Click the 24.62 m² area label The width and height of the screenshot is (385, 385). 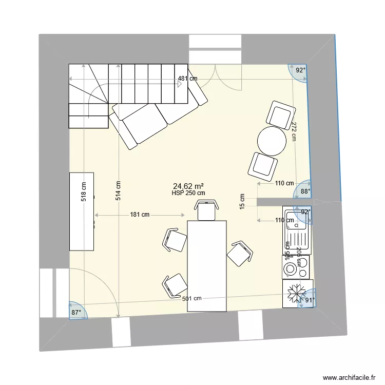(x=189, y=186)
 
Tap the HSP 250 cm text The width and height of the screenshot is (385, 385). (x=189, y=193)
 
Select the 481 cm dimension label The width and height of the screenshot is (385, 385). (x=187, y=79)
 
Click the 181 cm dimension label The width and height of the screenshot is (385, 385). (x=139, y=215)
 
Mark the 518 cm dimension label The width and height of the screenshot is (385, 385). (x=84, y=191)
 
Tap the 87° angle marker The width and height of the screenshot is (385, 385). (x=76, y=312)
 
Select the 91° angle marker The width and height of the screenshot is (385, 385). (x=309, y=301)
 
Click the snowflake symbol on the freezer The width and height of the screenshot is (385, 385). (x=297, y=294)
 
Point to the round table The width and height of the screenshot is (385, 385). (x=272, y=141)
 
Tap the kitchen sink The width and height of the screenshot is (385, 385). (x=297, y=230)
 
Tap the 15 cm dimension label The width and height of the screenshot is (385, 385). (x=242, y=201)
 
